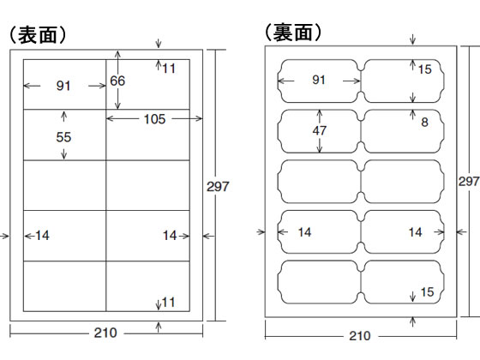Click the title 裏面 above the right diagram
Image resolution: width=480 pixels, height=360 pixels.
pos(293,33)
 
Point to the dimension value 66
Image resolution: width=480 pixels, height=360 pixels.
pos(118,81)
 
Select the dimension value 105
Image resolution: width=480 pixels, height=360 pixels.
pos(154,119)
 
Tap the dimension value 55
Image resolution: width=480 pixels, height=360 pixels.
pos(63,137)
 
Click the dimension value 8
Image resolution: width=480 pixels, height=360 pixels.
pos(423,123)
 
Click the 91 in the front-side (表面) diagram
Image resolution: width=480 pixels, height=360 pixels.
pos(63,85)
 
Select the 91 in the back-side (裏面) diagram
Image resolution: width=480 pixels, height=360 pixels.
pos(319,80)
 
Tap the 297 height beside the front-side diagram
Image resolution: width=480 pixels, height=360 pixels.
pos(219,185)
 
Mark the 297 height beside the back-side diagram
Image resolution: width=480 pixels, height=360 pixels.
pos(469,182)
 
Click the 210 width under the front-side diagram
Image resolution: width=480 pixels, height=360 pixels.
pos(106,333)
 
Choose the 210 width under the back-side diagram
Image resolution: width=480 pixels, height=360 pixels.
pos(360,337)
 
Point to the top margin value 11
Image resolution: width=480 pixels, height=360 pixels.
pos(169,68)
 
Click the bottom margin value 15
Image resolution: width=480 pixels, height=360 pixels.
pos(427,292)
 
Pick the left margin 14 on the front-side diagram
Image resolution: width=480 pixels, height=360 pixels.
pos(43,235)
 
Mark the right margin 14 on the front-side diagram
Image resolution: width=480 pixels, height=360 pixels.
pos(169,235)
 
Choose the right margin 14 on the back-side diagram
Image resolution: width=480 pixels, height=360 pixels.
pos(415,231)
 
